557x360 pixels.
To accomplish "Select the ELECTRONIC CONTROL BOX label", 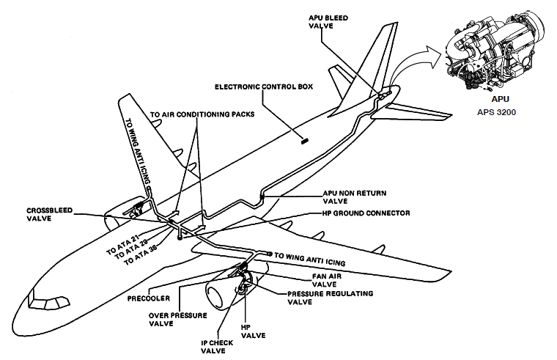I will coord(264,87).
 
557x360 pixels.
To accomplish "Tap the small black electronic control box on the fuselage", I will coord(304,139).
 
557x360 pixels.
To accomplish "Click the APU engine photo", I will coord(498,51).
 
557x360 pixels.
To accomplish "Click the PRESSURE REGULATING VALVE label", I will coord(330,297).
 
